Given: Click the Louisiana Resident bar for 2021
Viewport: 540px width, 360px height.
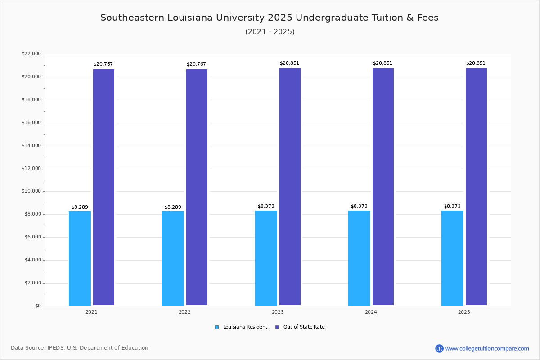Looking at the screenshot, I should [80, 258].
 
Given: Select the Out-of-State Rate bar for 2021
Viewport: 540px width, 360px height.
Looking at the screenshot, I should [103, 187].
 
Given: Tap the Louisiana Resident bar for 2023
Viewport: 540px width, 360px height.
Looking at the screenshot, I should [266, 258].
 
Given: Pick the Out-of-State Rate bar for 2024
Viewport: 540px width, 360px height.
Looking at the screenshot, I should [383, 187].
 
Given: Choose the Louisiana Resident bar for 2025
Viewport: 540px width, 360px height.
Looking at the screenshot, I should [452, 258].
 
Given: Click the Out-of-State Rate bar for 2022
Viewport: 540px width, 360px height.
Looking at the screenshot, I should [197, 187].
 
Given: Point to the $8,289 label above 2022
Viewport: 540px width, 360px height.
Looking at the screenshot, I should [173, 207].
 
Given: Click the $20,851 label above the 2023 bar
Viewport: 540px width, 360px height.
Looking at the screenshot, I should [289, 63].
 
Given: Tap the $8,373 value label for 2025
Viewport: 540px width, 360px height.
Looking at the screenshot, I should [452, 207].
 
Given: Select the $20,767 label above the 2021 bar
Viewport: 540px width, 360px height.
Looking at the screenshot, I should [103, 64].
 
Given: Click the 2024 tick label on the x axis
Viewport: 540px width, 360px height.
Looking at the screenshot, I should [371, 312].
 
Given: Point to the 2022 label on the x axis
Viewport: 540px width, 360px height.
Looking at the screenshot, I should [184, 312].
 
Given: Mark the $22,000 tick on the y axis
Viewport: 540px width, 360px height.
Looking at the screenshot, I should [31, 54].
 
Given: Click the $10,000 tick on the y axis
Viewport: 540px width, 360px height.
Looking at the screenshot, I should [31, 191].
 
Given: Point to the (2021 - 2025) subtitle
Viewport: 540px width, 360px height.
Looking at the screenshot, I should [270, 32].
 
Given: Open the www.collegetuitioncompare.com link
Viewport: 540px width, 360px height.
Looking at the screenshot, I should [487, 348].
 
